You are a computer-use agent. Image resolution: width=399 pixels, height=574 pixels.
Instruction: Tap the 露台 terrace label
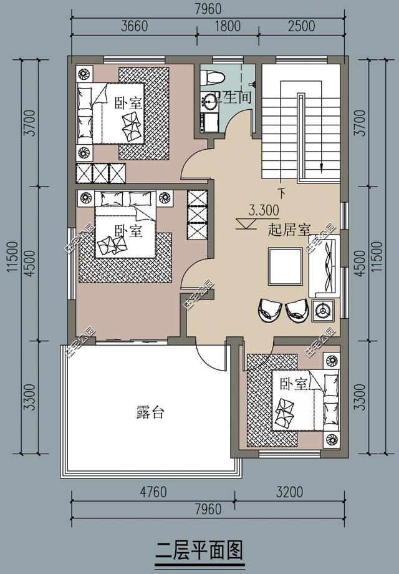coord(150,412)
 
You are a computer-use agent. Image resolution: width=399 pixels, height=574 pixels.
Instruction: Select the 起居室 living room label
coord(289,230)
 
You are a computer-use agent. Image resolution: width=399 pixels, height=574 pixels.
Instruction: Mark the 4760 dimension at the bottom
coord(153,492)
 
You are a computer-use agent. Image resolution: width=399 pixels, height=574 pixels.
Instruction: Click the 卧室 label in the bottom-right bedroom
coord(294,383)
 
